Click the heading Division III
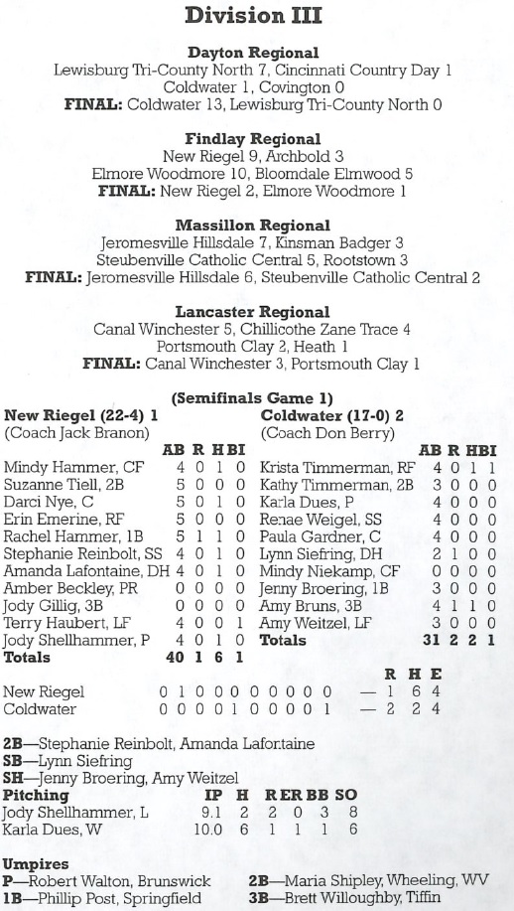256,17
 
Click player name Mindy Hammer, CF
60,467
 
